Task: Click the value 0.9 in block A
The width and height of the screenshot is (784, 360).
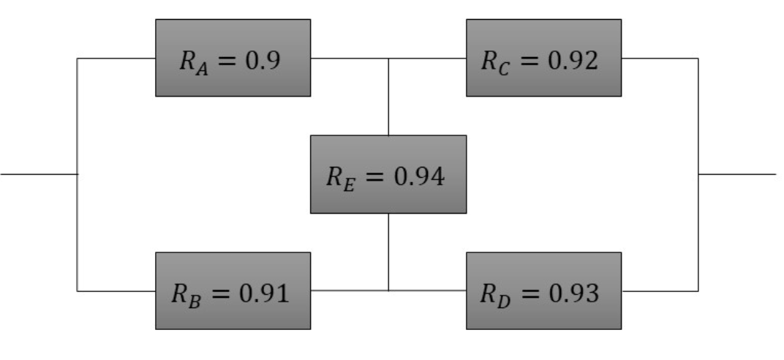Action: click(x=263, y=60)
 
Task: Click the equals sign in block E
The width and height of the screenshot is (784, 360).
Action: click(x=374, y=177)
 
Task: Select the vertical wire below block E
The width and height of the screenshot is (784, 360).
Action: click(x=388, y=252)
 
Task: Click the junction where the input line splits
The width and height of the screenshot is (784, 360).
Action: click(x=77, y=174)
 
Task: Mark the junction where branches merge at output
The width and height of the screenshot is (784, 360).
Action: click(x=698, y=174)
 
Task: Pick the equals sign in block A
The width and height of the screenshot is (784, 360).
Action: click(x=231, y=60)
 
